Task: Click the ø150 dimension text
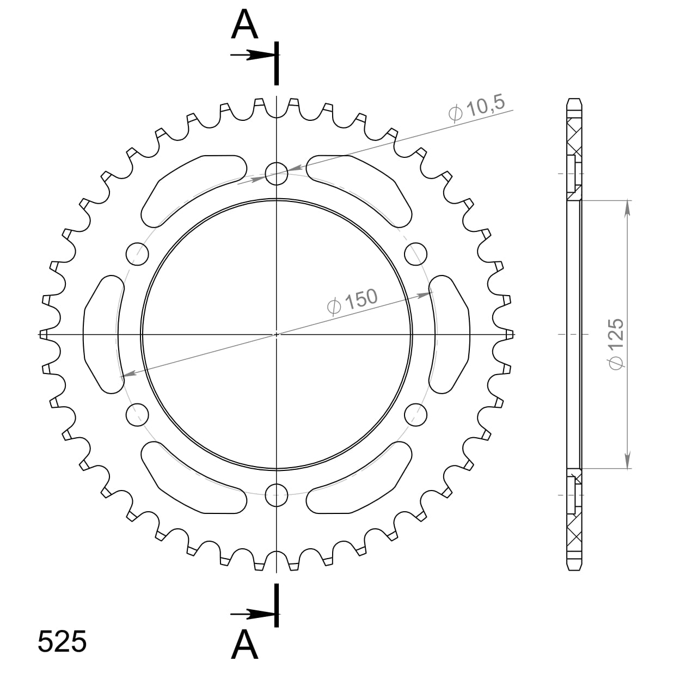tap(352, 302)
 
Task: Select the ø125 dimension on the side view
tap(615, 344)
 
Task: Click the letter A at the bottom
tap(244, 645)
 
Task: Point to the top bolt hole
tap(277, 173)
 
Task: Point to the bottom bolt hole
tap(277, 494)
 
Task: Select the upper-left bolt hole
tap(137, 253)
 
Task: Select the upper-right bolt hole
tap(416, 253)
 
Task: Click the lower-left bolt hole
tap(137, 415)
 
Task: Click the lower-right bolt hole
tap(416, 415)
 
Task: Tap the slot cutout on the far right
tap(450, 334)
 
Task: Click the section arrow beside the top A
tap(252, 55)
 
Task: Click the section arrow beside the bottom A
tap(252, 614)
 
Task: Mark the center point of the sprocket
tap(277, 334)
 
